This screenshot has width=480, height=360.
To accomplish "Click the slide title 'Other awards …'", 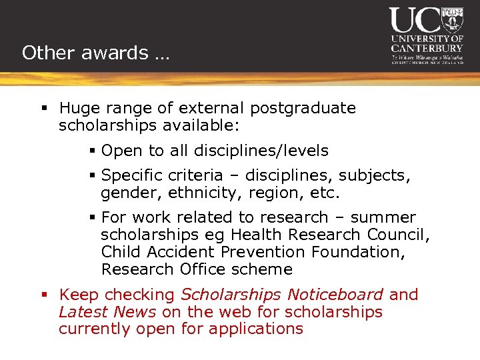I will pyautogui.click(x=95, y=53).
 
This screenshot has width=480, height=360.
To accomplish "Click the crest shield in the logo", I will pyautogui.click(x=453, y=19).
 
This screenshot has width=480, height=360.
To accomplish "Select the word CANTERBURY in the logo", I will pyautogui.click(x=427, y=48).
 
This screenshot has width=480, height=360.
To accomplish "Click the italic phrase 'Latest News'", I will pyautogui.click(x=107, y=312).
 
